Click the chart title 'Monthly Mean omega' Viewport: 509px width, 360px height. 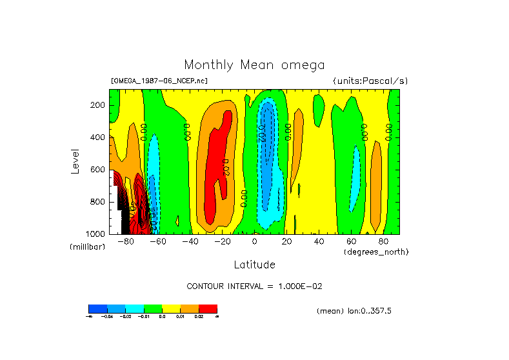coord(254,65)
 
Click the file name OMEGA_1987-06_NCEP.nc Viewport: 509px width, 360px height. coord(159,81)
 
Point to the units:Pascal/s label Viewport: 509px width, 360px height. coord(370,81)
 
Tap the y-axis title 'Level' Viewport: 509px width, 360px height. coord(75,160)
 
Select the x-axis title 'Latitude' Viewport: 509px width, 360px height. coord(254,264)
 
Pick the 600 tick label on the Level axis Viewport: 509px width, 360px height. coord(98,170)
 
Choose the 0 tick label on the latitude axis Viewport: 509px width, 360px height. coord(255,241)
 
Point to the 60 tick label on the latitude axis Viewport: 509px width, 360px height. coord(352,241)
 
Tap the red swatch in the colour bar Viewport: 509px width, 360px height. coord(208,308)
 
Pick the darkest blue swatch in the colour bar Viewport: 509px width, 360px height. coord(97,308)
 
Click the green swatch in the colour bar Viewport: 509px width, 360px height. coord(153,308)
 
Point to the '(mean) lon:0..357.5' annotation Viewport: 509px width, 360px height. coord(354,310)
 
